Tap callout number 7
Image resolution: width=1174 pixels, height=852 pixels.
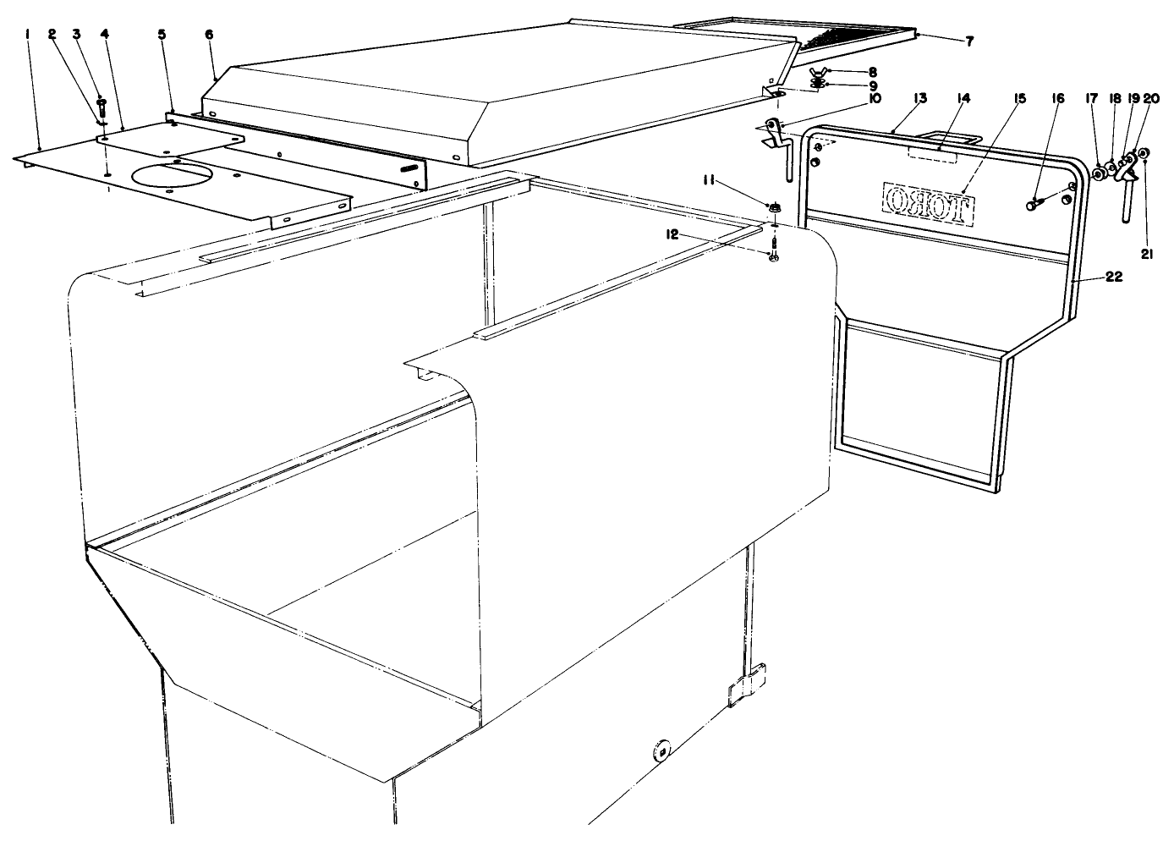pos(946,40)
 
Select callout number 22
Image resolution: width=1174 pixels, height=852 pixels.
pos(1113,278)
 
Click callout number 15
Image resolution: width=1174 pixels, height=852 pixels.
pos(1019,98)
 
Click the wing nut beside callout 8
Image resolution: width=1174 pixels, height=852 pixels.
pos(817,72)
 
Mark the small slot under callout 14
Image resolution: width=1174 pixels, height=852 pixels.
pos(930,156)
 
